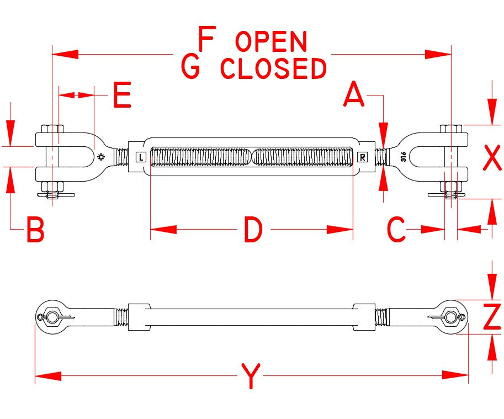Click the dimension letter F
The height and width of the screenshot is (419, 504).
206,40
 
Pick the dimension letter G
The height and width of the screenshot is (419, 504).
190,67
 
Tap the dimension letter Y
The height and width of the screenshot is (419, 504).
251,376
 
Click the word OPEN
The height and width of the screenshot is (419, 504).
271,42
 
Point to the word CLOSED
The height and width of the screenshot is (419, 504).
274,68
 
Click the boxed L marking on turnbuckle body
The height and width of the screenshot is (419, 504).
141,157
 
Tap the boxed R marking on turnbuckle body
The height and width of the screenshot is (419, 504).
362,157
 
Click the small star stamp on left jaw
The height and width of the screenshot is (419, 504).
100,157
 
